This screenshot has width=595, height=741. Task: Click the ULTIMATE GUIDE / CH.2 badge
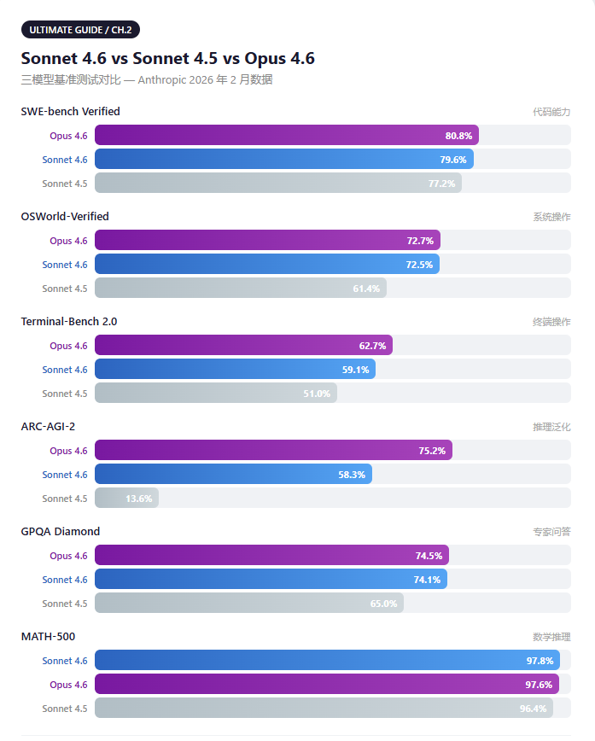coord(80,30)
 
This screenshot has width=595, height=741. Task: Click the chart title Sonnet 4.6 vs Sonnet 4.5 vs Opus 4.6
coord(167,59)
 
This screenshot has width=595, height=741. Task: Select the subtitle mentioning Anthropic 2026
coord(147,79)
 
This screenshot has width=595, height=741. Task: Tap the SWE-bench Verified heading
coord(70,112)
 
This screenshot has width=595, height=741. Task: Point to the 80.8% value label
coord(458,136)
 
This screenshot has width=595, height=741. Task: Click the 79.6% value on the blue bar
coord(453,160)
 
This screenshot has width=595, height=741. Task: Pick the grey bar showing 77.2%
coord(277,184)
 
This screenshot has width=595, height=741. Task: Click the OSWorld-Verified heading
coord(65,217)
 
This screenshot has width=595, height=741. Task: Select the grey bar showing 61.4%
coord(240,289)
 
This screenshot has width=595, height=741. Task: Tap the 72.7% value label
coord(420,241)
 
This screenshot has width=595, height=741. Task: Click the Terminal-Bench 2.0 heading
coord(69,322)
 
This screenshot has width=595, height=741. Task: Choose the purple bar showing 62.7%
coord(243,346)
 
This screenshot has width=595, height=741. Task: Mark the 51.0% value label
coord(317,394)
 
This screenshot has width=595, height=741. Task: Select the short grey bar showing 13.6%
coord(126,499)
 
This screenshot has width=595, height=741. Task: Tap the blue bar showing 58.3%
coord(233,475)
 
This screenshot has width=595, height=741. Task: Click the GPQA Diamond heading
coord(61,532)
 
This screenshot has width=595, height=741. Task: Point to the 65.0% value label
coord(383,604)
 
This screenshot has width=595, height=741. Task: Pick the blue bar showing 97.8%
coord(327,661)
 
